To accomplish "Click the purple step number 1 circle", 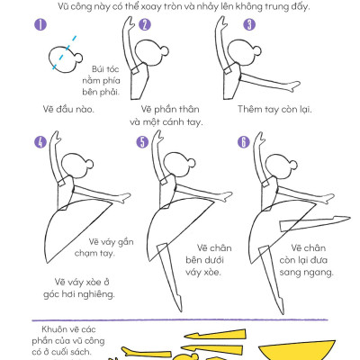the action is tap(40, 24).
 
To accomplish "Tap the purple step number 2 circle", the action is tap(145, 24).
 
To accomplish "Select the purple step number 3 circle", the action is tap(249, 24).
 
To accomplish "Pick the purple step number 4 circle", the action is tap(40, 142).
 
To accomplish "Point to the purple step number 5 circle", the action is tap(142, 142).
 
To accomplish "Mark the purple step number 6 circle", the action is tap(244, 142).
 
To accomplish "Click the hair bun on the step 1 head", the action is tap(78, 58).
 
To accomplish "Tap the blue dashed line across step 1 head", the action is tap(64, 53).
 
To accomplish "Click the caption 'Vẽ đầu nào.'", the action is tap(68, 109).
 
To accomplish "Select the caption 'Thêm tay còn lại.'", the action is tap(274, 109).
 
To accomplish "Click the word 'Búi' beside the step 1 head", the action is tap(98, 69).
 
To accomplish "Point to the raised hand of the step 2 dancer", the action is tap(130, 23).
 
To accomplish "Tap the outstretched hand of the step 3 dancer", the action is tap(293, 86).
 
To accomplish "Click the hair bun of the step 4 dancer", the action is tap(89, 164).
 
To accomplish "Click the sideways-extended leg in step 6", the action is tap(315, 223).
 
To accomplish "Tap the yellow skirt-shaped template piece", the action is tap(297, 350).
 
